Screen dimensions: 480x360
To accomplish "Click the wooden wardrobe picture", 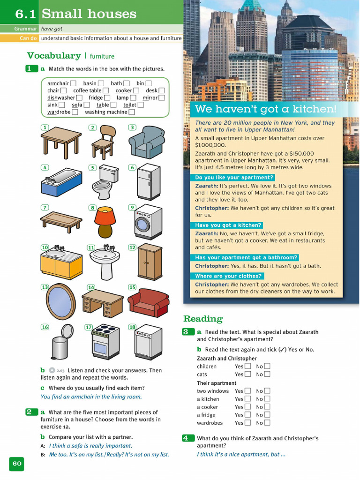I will (x=150, y=262).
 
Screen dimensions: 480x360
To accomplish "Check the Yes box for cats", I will (x=247, y=374).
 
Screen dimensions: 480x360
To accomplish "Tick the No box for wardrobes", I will (x=267, y=423).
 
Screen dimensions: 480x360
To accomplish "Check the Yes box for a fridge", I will (x=247, y=415).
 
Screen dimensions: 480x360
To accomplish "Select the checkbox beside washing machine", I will (x=132, y=112).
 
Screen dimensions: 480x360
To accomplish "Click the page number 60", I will (x=17, y=464).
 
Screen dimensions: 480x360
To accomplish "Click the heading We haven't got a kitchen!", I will (x=265, y=110).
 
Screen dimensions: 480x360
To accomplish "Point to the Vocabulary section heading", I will (x=54, y=56).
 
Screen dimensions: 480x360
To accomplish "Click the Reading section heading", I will (x=203, y=319).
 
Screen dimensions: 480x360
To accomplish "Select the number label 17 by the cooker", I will (x=88, y=327).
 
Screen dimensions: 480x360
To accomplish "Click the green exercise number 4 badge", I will (x=186, y=438).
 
